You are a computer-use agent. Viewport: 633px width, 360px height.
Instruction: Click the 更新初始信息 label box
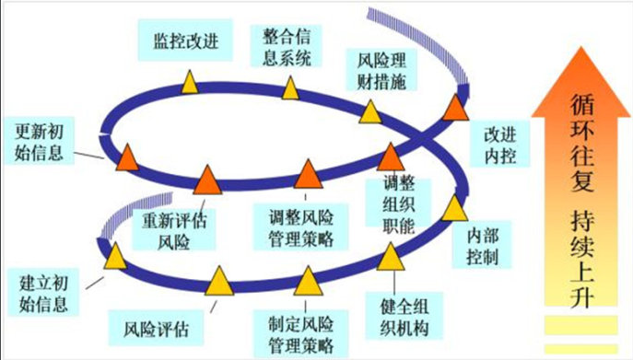[39, 142]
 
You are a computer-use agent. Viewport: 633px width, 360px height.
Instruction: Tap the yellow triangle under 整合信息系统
[289, 88]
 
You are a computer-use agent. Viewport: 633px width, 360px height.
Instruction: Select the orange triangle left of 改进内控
[453, 107]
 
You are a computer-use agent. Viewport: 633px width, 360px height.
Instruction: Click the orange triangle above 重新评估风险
[205, 180]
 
